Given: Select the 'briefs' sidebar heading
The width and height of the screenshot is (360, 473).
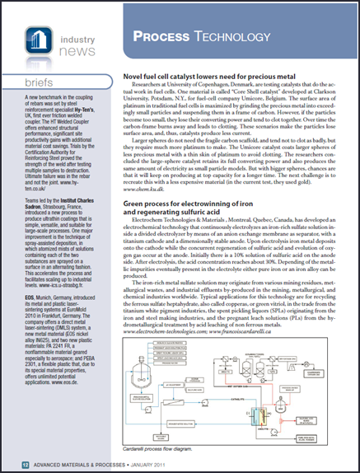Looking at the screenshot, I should click(x=30, y=84).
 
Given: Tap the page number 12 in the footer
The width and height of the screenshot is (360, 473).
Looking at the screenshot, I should click(x=16, y=466).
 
